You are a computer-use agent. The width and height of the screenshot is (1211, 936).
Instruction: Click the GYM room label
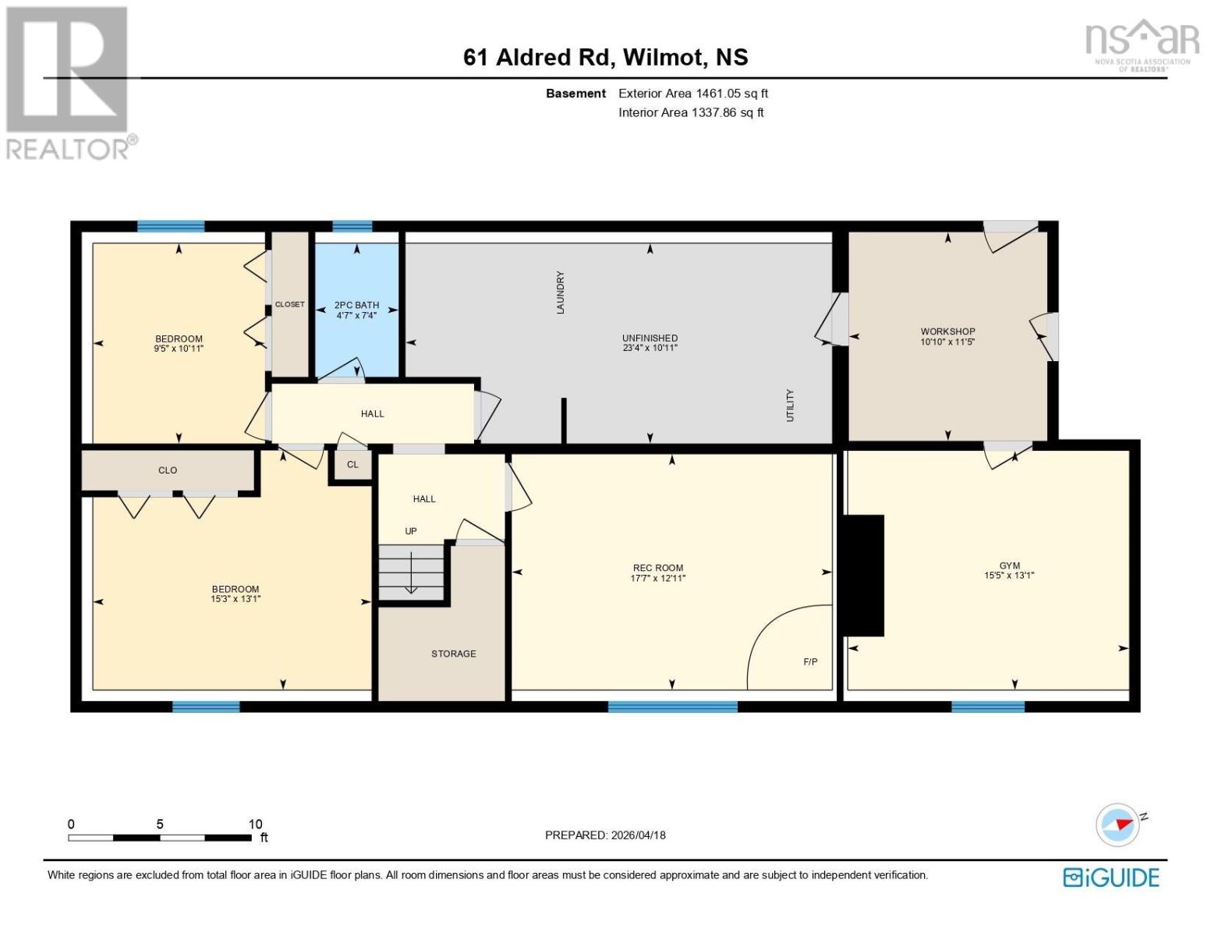tap(1009, 565)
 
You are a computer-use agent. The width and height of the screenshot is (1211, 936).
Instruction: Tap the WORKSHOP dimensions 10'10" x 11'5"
tap(947, 342)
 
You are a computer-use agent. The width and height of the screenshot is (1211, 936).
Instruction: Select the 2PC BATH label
tap(356, 305)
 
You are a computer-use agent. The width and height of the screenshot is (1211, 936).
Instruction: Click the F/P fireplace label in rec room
tap(810, 661)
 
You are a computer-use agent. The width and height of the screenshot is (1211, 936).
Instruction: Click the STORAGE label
tap(453, 654)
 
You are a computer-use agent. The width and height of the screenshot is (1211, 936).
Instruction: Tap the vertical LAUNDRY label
tap(560, 292)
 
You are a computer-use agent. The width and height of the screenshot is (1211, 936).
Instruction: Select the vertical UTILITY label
tap(789, 406)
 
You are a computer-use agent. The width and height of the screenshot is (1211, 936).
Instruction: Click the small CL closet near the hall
tap(352, 464)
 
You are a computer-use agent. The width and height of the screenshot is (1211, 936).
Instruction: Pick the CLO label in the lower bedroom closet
tap(168, 470)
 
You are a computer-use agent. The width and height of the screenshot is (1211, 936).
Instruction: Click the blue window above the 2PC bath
tap(352, 227)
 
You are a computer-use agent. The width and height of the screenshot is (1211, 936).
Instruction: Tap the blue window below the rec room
tap(672, 707)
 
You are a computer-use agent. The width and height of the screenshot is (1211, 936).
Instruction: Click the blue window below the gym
tap(987, 707)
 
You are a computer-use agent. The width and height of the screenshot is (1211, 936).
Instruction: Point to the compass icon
tap(1117, 824)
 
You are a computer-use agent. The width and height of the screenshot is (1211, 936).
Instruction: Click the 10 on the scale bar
tap(255, 824)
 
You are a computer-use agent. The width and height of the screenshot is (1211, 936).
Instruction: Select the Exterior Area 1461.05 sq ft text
tap(692, 94)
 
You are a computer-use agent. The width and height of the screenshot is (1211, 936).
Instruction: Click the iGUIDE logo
tap(1110, 877)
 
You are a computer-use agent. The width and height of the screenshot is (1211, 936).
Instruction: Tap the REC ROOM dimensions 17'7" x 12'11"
tap(657, 579)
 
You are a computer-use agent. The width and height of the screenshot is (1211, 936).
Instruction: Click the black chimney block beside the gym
tap(862, 575)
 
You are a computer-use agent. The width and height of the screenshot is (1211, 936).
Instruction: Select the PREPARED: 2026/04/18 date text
tap(605, 835)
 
